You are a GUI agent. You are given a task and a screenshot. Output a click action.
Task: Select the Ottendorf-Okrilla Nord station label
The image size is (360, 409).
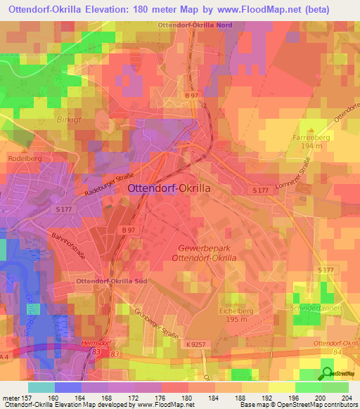[x=200, y=25]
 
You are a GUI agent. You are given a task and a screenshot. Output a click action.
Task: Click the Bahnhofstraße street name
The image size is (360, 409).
[x=69, y=246]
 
